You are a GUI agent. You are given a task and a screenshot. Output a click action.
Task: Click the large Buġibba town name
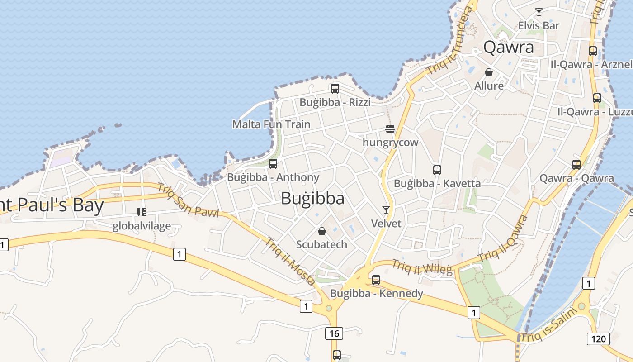(x=312, y=199)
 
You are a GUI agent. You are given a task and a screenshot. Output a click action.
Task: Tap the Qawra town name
(x=508, y=47)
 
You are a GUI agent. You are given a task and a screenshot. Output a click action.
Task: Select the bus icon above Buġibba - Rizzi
(x=335, y=89)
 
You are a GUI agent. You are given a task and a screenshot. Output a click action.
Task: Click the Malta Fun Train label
(x=271, y=124)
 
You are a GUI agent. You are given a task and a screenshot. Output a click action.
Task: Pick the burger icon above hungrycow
(x=390, y=129)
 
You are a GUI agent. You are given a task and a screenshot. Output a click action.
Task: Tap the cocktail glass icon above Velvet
(x=386, y=210)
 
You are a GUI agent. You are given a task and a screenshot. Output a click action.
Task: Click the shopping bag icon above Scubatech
(x=321, y=232)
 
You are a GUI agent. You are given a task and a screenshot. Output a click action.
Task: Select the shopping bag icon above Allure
(x=489, y=72)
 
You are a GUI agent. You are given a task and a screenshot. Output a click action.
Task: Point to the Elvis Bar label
(x=539, y=25)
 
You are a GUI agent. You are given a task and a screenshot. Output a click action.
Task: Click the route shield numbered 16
(x=334, y=334)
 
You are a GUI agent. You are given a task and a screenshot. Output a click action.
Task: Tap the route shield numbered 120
(x=598, y=338)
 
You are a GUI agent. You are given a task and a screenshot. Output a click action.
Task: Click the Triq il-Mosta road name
(x=290, y=262)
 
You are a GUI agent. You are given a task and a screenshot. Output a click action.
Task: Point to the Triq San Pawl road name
(x=188, y=200)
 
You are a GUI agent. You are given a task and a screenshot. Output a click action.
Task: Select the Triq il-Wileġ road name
(x=422, y=267)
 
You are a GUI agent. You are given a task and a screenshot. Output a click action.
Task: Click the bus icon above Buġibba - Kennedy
(x=376, y=280)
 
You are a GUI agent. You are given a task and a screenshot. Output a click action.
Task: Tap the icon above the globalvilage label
(x=142, y=212)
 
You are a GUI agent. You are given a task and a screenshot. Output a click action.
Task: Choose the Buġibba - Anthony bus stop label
(x=273, y=177)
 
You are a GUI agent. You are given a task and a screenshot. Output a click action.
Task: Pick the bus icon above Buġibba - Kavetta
(x=437, y=170)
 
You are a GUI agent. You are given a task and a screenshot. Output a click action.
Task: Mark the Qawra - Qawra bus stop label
(x=576, y=178)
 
